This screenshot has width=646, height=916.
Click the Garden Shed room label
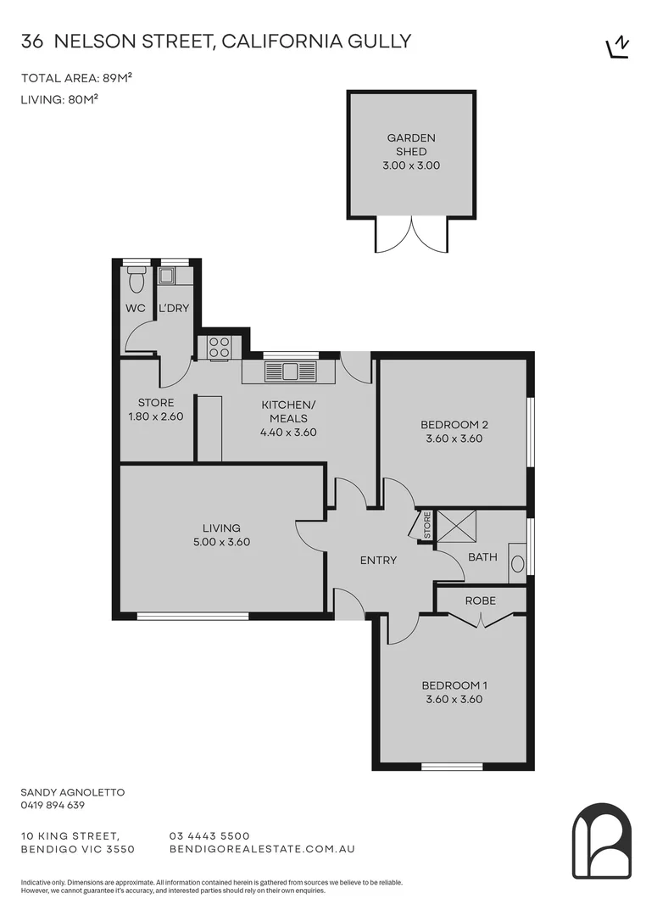pyautogui.click(x=411, y=144)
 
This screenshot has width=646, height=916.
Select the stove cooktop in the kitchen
pyautogui.click(x=219, y=347)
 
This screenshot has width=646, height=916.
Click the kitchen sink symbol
pyautogui.click(x=290, y=371)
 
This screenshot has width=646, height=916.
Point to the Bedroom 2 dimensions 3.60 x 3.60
pyautogui.click(x=454, y=439)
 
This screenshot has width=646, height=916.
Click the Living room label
pyautogui.click(x=221, y=528)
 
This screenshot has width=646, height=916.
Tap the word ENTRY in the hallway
pyautogui.click(x=378, y=560)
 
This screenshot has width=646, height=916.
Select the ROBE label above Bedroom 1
pyautogui.click(x=480, y=600)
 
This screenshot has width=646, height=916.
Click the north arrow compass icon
pyautogui.click(x=619, y=47)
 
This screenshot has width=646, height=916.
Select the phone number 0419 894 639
pyautogui.click(x=53, y=806)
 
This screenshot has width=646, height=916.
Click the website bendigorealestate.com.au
pyautogui.click(x=262, y=848)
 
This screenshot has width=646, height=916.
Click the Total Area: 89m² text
pyautogui.click(x=76, y=79)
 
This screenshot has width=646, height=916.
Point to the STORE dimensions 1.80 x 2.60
pyautogui.click(x=155, y=416)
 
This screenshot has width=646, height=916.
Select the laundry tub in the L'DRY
pyautogui.click(x=167, y=275)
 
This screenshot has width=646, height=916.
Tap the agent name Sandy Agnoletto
pyautogui.click(x=72, y=792)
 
